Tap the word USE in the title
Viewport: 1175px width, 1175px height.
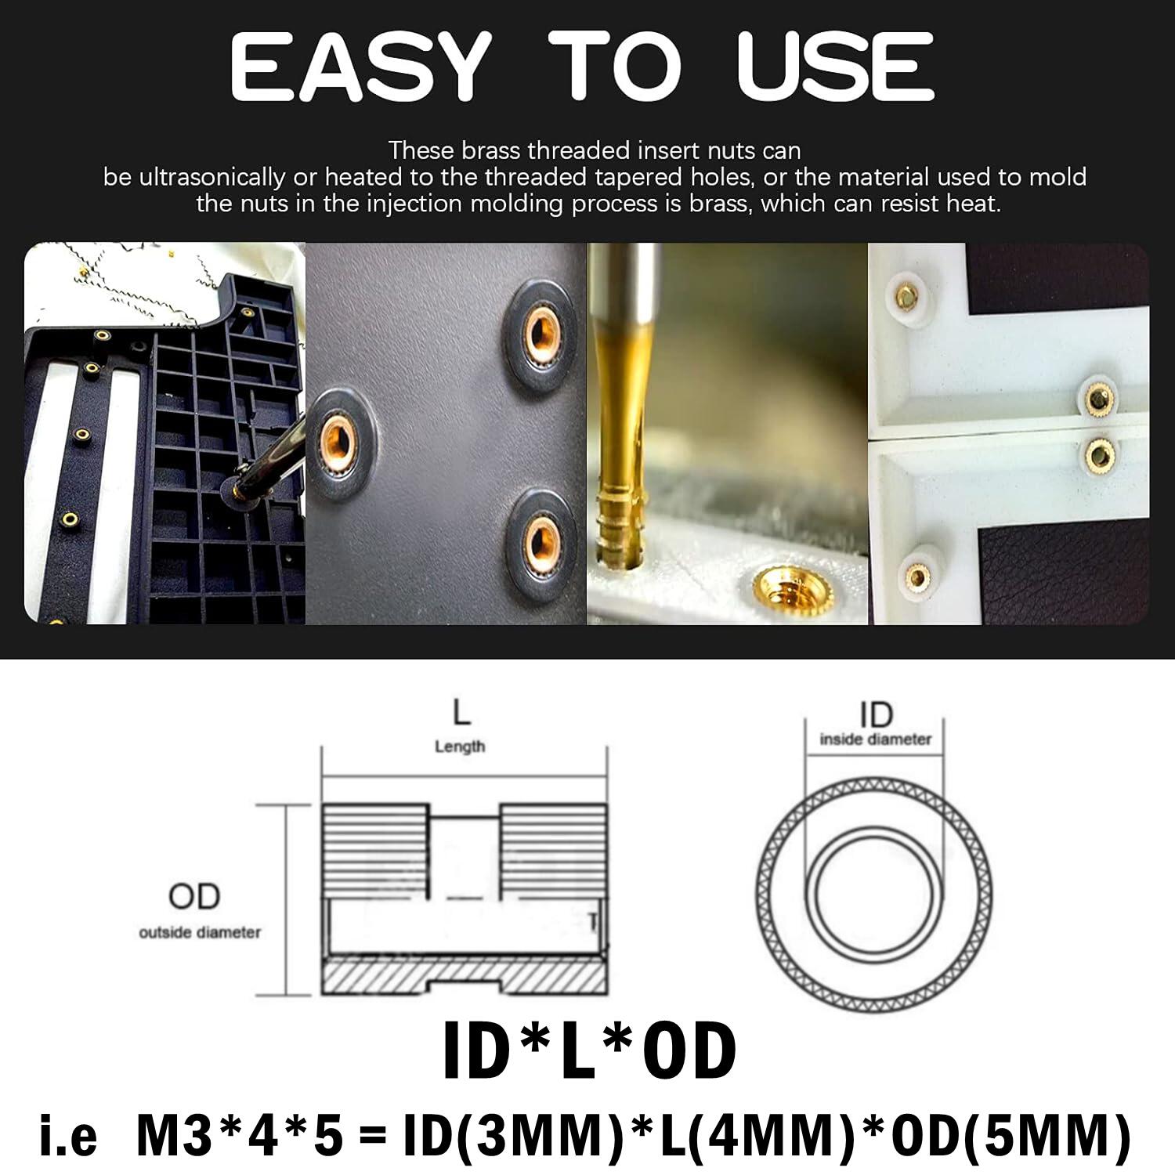coord(835,67)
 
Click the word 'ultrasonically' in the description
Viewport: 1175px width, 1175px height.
coord(211,177)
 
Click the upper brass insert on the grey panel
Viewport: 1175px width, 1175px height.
coord(540,334)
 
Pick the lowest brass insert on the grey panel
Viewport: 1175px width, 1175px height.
coord(539,540)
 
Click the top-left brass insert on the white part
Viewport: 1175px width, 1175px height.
coord(906,295)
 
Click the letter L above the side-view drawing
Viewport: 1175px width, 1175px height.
coord(461,713)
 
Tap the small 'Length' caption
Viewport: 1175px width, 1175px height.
coord(460,747)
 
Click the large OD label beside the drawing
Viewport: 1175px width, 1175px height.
coord(194,896)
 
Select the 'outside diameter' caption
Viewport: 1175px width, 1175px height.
coord(200,932)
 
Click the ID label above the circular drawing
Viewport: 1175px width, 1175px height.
coord(876,714)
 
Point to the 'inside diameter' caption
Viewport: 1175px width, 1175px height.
coord(876,739)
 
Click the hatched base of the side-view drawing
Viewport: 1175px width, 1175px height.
coord(464,978)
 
